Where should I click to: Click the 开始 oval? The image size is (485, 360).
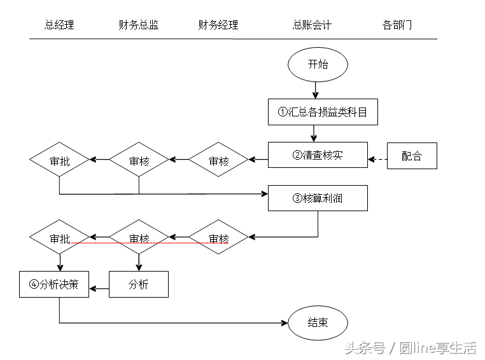(x=318, y=65)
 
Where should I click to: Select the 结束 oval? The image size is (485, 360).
(x=318, y=322)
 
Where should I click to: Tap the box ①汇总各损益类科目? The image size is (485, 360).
(x=323, y=113)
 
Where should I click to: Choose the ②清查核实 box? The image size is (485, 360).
(x=318, y=155)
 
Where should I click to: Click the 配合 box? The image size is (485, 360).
(x=412, y=156)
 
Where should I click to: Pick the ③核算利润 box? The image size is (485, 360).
(x=318, y=198)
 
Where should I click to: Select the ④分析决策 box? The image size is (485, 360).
(x=54, y=284)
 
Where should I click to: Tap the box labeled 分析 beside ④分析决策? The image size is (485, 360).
(x=139, y=284)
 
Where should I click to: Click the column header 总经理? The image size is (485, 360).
(x=59, y=25)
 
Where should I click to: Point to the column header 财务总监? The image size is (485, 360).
(x=139, y=25)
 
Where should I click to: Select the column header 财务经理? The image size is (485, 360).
(x=218, y=25)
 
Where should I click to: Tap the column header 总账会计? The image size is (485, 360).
(x=312, y=25)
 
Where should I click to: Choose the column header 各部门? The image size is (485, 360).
(x=397, y=25)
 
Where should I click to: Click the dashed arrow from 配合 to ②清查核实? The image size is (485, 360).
(x=377, y=159)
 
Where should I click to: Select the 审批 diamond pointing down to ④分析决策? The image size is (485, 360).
(x=60, y=238)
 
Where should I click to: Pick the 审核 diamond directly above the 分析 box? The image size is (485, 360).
(x=139, y=238)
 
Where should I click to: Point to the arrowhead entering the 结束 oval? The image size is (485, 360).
(x=284, y=323)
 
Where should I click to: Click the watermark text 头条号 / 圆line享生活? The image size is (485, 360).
(x=411, y=348)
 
